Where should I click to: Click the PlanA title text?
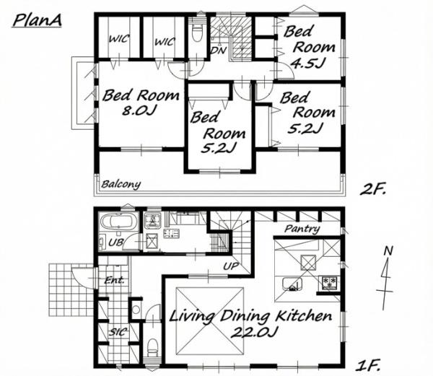pyautogui.click(x=37, y=21)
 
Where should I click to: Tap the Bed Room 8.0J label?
pyautogui.click(x=140, y=102)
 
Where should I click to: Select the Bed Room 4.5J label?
pyautogui.click(x=310, y=47)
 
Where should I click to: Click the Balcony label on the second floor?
pyautogui.click(x=121, y=185)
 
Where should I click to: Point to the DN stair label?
pyautogui.click(x=219, y=51)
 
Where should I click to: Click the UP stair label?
pyautogui.click(x=231, y=266)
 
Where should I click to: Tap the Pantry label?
pyautogui.click(x=302, y=229)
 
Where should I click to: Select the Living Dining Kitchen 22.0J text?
pyautogui.click(x=250, y=323)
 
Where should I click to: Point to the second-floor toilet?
pyautogui.click(x=196, y=31)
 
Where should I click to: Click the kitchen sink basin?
pyautogui.click(x=292, y=284)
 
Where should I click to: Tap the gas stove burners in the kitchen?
pyautogui.click(x=330, y=283)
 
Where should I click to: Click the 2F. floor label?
pyautogui.click(x=373, y=190)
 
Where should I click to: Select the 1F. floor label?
pyautogui.click(x=368, y=365)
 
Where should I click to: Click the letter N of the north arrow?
pyautogui.click(x=388, y=251)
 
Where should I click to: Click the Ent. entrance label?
pyautogui.click(x=114, y=281)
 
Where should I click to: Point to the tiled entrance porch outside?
pyautogui.click(x=71, y=290)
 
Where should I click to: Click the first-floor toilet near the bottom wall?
pyautogui.click(x=152, y=347)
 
